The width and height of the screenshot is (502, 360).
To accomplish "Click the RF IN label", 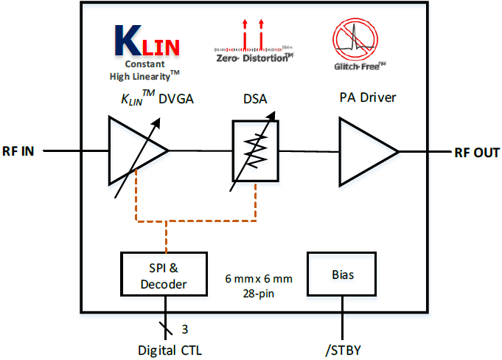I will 18,152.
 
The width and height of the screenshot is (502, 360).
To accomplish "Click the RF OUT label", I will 476,153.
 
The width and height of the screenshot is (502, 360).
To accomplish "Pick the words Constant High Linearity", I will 144,70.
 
